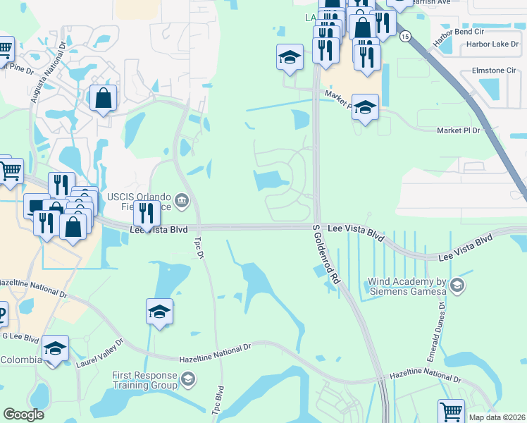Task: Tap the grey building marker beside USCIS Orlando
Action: coord(182,203)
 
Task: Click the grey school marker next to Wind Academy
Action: coord(457,285)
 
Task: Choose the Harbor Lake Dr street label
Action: coord(492,44)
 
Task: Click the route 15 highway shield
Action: coord(404,36)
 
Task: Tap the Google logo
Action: coord(24,415)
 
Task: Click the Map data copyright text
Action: coord(497,417)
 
